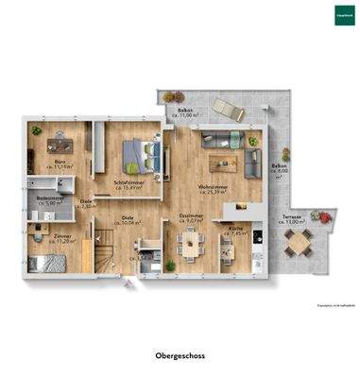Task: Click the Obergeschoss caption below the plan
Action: click(x=179, y=356)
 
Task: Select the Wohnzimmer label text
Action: click(x=212, y=186)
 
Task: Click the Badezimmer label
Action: click(x=49, y=198)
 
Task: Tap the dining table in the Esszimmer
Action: click(x=193, y=243)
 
